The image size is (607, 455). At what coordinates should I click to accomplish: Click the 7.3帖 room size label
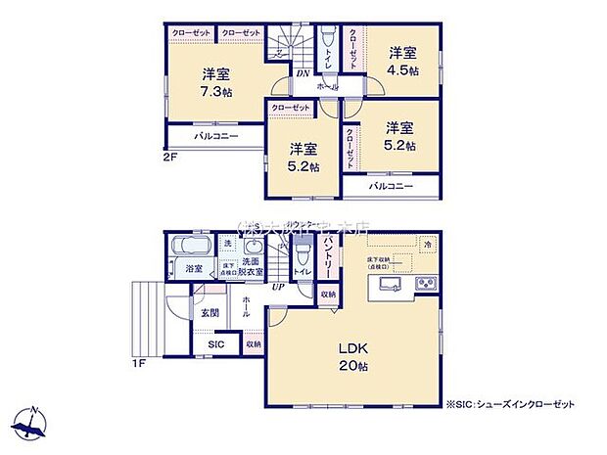coord(217,90)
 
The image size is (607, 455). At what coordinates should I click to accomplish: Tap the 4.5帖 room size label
coord(401,70)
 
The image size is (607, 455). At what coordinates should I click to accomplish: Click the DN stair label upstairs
coord(303,71)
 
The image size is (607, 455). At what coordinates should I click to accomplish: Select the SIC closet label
coord(216,344)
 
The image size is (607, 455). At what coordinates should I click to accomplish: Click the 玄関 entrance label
coord(210,313)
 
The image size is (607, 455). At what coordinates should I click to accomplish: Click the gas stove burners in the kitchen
coord(428,285)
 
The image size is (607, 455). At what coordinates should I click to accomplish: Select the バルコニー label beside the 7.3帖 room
coord(215,136)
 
